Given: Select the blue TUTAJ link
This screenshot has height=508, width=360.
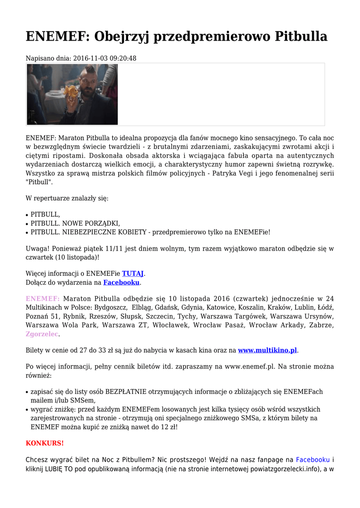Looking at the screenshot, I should (133, 273).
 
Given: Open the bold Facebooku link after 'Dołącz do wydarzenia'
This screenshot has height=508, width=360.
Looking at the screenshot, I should (121, 283).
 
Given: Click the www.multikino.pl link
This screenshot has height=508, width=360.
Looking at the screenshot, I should (267, 350).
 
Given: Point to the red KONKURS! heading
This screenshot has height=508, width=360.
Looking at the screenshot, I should (45, 443).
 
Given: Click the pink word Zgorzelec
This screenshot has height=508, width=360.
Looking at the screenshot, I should (42, 334).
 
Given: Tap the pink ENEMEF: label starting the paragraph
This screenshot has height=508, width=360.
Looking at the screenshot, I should (43, 299).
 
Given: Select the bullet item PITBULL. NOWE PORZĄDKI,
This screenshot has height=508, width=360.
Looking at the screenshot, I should (75, 223).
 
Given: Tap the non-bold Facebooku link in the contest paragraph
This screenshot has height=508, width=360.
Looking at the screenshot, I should (313, 459).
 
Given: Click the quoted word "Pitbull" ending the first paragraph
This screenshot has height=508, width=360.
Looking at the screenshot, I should (39, 182).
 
